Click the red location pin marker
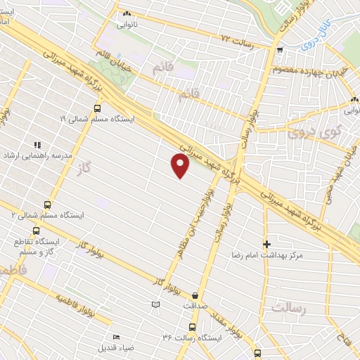click(181, 165)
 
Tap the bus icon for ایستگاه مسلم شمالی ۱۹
click(96, 108)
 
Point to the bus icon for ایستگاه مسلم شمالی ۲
click(47, 204)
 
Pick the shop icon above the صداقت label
click(194, 295)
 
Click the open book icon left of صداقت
click(156, 304)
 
